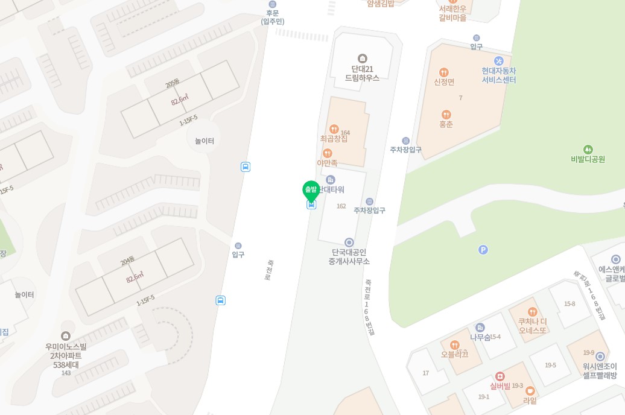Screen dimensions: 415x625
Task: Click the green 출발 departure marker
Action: click(311, 190)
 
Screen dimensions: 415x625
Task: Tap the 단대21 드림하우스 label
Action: click(362, 73)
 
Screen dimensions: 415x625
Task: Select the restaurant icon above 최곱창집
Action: click(334, 128)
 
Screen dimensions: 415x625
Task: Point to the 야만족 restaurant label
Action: click(327, 163)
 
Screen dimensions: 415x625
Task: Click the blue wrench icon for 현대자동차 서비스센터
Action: click(498, 60)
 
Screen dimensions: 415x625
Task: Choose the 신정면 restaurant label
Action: click(444, 82)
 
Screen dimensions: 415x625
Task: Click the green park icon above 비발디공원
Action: click(588, 149)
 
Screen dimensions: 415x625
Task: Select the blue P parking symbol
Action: click(483, 250)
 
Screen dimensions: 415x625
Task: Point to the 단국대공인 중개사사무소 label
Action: click(349, 257)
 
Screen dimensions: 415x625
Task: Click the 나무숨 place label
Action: click(480, 337)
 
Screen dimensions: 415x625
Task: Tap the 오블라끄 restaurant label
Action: click(455, 354)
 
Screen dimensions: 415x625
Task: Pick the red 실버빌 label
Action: click(500, 386)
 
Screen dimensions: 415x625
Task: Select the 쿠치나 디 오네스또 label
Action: click(531, 326)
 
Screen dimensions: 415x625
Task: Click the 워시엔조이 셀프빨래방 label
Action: click(600, 370)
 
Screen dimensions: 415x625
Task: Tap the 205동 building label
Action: click(173, 83)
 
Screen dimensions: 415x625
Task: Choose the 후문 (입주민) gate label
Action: click(273, 17)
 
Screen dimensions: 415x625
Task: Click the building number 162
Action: click(341, 206)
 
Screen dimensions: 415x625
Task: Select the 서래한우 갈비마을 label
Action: click(453, 13)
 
